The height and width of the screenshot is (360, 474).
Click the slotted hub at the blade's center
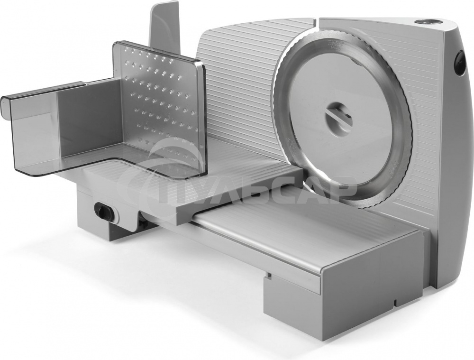(x=338, y=117)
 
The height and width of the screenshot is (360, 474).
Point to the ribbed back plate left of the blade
(x=239, y=91)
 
